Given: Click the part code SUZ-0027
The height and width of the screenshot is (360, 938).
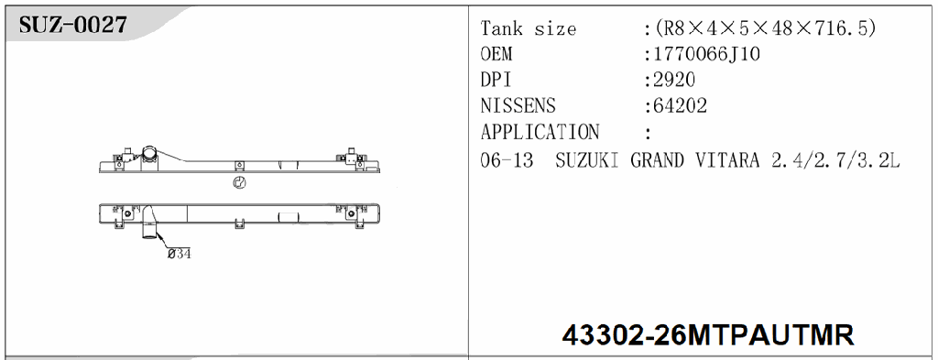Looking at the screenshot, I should click(73, 25).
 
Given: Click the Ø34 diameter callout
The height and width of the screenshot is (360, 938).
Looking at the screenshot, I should click(179, 254).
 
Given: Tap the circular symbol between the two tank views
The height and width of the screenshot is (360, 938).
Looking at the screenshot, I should click(239, 182).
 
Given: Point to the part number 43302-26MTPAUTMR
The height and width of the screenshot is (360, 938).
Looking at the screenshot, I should click(707, 334).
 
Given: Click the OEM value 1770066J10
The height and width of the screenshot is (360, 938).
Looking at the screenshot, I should click(705, 54).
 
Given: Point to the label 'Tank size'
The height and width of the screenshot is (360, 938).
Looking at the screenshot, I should click(529, 28).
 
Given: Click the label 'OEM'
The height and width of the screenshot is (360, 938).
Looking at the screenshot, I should click(497, 54).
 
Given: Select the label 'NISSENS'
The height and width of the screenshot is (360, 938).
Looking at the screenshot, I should click(518, 106).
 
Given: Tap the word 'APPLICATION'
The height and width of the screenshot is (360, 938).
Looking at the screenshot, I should click(540, 132).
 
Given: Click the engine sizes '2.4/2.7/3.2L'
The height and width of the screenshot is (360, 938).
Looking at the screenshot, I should click(835, 160).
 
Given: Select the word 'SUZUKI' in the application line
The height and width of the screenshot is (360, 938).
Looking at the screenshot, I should click(588, 160).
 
